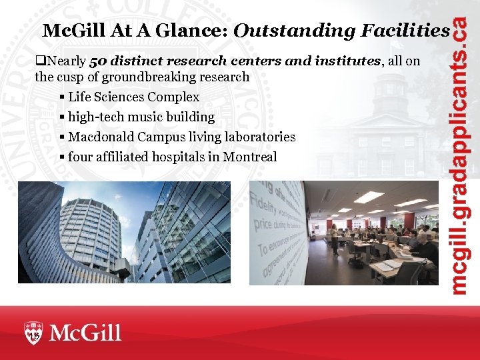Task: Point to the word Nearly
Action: point(67,61)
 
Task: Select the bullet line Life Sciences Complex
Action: point(133,97)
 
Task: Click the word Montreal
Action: point(250,157)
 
